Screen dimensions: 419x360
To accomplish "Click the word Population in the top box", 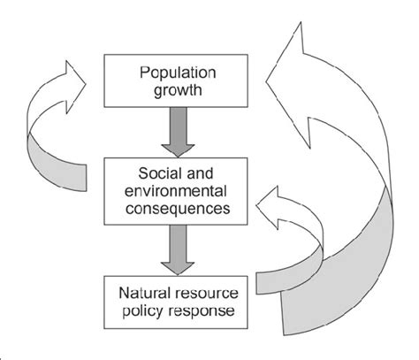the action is (178, 73).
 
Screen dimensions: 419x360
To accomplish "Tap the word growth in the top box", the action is (178, 90).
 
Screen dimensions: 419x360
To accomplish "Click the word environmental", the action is (176, 191).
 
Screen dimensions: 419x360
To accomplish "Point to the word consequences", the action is (178, 209).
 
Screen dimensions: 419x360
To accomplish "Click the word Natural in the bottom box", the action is (145, 293).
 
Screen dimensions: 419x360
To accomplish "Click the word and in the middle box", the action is (200, 173).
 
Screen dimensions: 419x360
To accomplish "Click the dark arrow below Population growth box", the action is (178, 132).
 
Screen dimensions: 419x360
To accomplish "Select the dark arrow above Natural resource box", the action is (178, 250).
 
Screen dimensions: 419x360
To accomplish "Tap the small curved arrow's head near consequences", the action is (269, 207).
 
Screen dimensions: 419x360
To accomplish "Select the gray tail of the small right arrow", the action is (290, 276).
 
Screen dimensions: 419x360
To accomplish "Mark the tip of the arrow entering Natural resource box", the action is (178, 275).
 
